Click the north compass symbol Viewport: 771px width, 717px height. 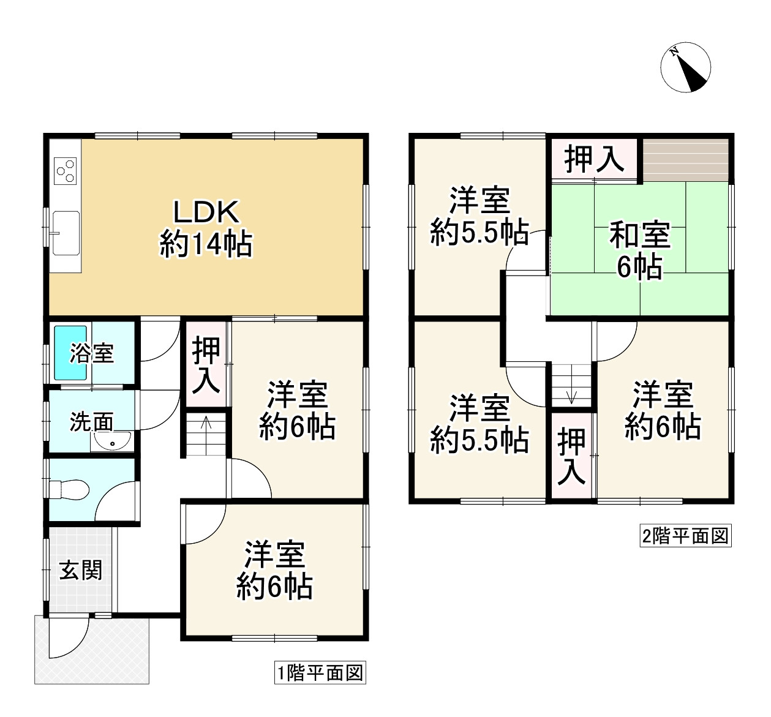point(685,68)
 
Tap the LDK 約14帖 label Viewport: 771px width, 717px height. point(206,228)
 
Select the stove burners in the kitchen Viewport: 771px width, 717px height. point(66,171)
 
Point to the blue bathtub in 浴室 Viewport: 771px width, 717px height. point(72,353)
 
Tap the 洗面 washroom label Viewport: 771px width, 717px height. point(91,422)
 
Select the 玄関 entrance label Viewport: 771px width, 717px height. point(81,570)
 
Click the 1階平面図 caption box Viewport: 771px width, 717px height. point(319,674)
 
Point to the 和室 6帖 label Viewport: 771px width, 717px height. point(639,252)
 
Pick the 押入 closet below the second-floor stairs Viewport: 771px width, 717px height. point(572,456)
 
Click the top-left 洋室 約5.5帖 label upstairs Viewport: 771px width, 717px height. point(480,216)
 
